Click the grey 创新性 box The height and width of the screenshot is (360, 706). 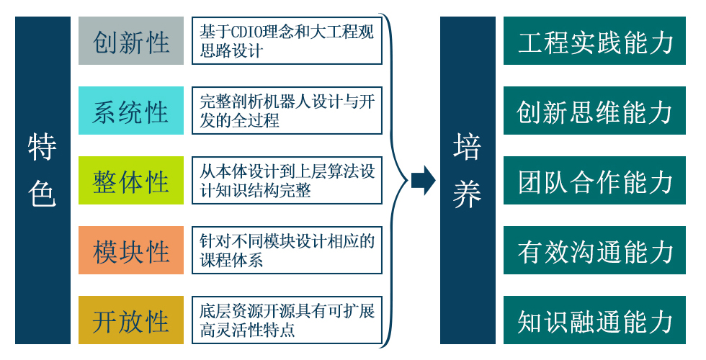(x=131, y=41)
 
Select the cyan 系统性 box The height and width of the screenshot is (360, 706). (x=131, y=111)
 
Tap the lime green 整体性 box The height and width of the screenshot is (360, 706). (x=131, y=181)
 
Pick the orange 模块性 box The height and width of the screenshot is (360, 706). (x=131, y=251)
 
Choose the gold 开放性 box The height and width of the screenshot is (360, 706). (x=131, y=320)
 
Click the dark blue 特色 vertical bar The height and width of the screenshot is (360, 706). (x=43, y=181)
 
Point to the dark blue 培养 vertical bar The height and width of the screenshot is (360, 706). (x=468, y=181)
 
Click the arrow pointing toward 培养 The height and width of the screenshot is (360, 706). (x=424, y=181)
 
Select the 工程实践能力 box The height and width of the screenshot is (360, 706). (x=594, y=41)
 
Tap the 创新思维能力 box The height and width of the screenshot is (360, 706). (x=594, y=111)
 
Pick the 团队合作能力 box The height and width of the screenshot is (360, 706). (x=594, y=181)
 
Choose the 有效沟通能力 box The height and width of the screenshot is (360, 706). (x=594, y=251)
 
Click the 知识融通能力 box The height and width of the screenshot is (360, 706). (x=594, y=320)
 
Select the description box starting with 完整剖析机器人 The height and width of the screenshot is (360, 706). (x=287, y=111)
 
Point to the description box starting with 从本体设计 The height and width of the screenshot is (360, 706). (x=287, y=181)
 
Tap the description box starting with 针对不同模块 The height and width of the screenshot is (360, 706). (x=287, y=251)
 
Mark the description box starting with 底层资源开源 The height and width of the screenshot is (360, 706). (x=287, y=320)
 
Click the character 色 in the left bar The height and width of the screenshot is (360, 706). (x=43, y=194)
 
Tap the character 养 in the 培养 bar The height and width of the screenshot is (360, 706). (x=468, y=194)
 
